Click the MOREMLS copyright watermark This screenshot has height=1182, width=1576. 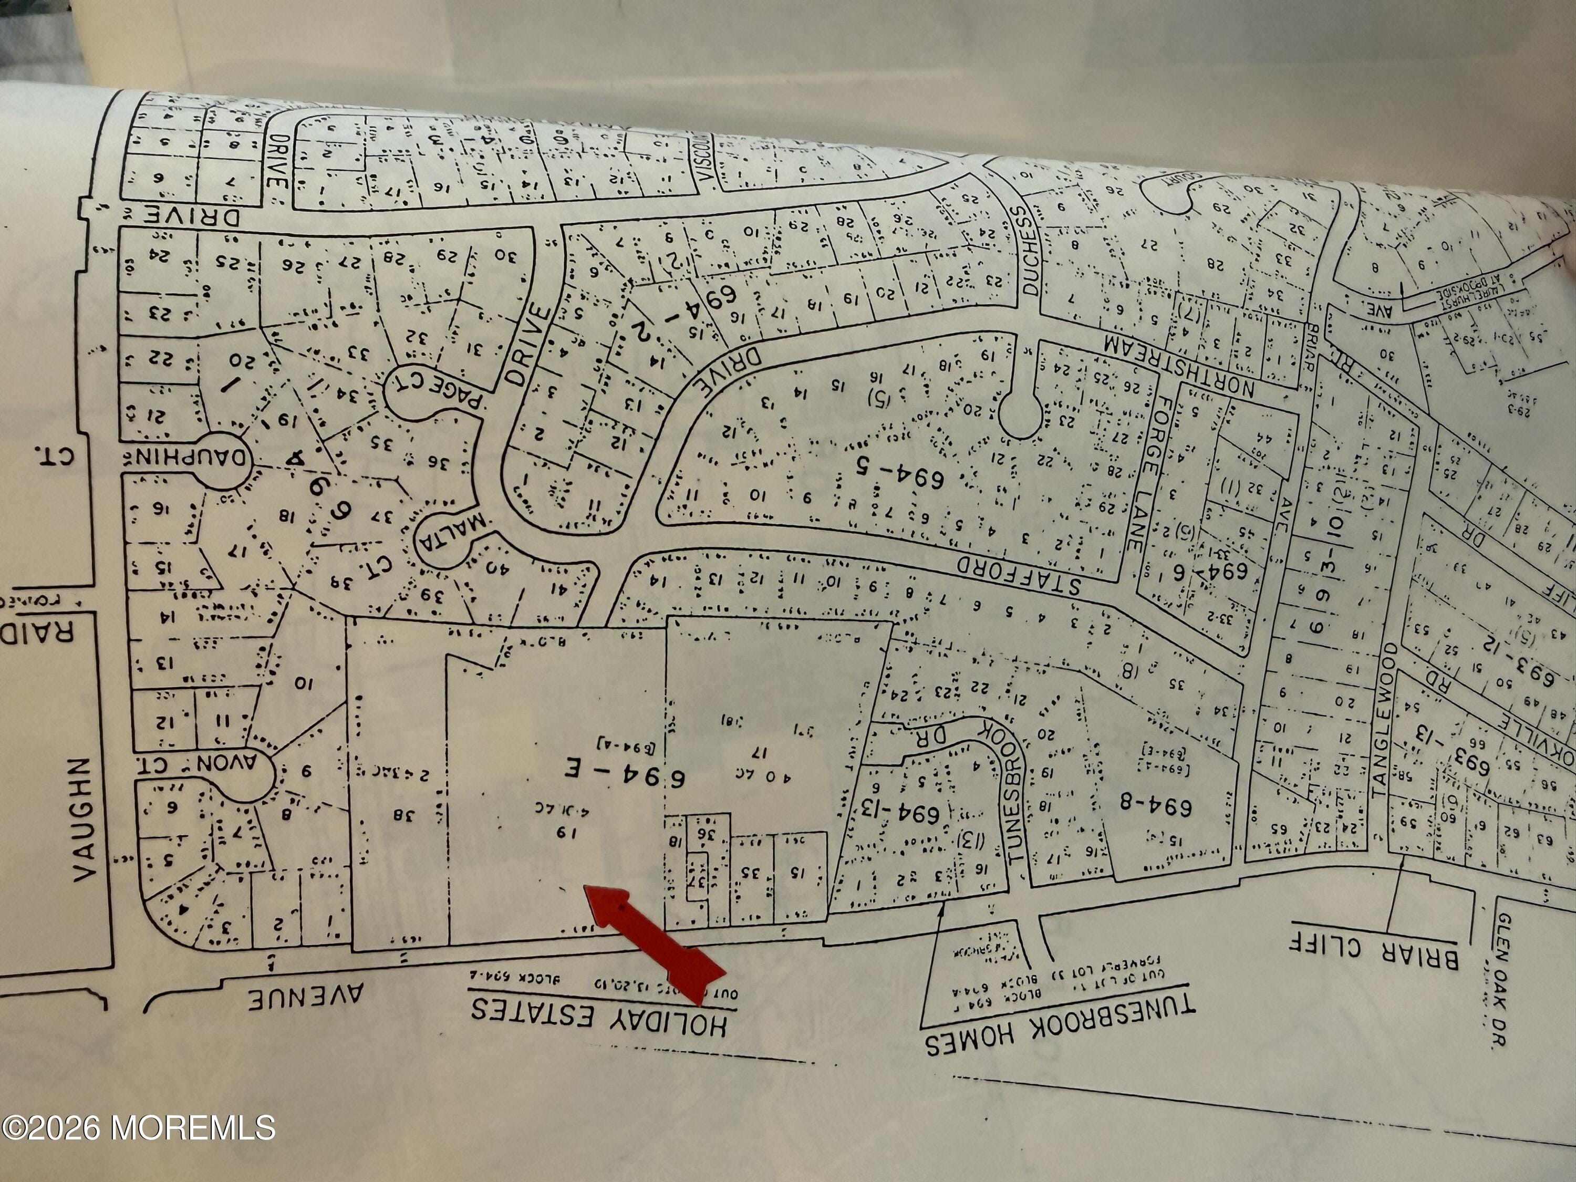tap(138, 1128)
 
